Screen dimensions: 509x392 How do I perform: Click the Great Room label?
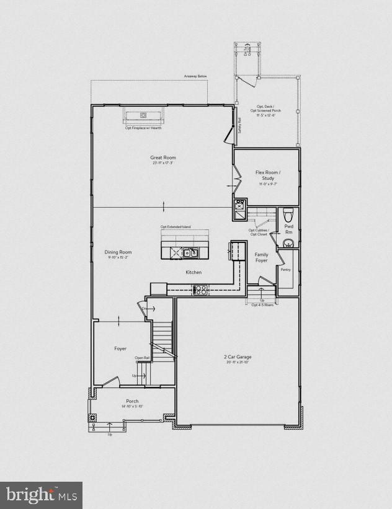pyautogui.click(x=163, y=157)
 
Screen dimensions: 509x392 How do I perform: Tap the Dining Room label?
pyautogui.click(x=118, y=252)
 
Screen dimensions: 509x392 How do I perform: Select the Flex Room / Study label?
pyautogui.click(x=268, y=175)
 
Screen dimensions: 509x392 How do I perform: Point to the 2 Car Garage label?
pyautogui.click(x=238, y=357)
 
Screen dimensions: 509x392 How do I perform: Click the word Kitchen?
pyautogui.click(x=194, y=272)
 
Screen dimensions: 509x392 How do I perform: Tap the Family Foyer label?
pyautogui.click(x=261, y=257)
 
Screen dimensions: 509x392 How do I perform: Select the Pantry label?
pyautogui.click(x=285, y=270)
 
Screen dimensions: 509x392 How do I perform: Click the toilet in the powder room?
pyautogui.click(x=287, y=215)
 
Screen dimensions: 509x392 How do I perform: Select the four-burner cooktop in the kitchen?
pyautogui.click(x=201, y=289)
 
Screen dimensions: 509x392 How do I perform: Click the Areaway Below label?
pyautogui.click(x=195, y=76)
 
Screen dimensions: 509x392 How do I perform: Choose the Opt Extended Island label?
pyautogui.click(x=176, y=227)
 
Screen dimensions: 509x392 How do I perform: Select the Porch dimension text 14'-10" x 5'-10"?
pyautogui.click(x=133, y=406)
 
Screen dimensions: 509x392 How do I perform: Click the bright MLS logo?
pyautogui.click(x=42, y=494)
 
